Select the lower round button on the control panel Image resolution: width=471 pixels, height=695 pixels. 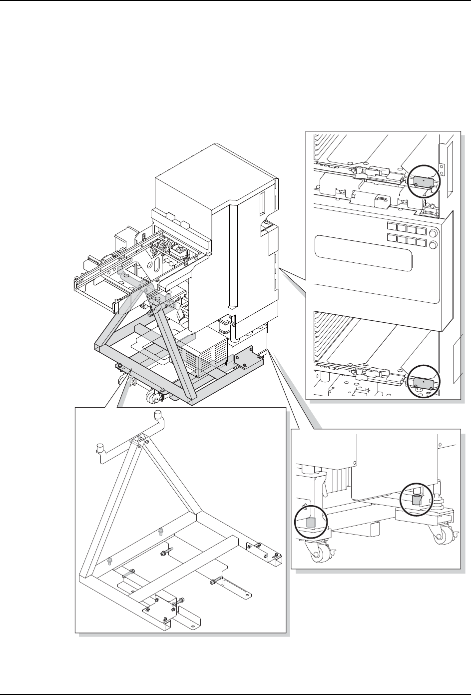[x=433, y=245]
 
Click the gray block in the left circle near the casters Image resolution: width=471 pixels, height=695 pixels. [x=311, y=523]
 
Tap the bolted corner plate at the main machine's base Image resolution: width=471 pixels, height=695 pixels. [x=248, y=359]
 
